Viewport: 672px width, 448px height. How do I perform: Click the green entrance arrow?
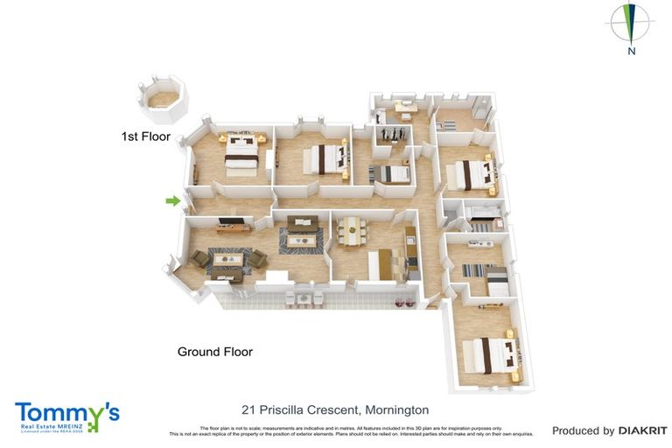pos(173,201)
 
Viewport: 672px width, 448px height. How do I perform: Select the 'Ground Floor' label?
pos(214,352)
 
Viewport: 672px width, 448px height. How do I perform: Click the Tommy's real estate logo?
pos(66,416)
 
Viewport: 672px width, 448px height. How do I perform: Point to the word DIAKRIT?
pos(643,430)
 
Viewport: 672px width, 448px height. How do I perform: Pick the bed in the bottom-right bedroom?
pos(491,355)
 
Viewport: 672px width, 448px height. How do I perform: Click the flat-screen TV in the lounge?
pos(233,222)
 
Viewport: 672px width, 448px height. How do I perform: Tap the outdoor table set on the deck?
pos(302,299)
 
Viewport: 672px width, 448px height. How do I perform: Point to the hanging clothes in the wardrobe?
pos(391,134)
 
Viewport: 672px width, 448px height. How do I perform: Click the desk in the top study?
pos(404,108)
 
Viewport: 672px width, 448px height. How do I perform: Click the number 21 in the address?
pos(248,409)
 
